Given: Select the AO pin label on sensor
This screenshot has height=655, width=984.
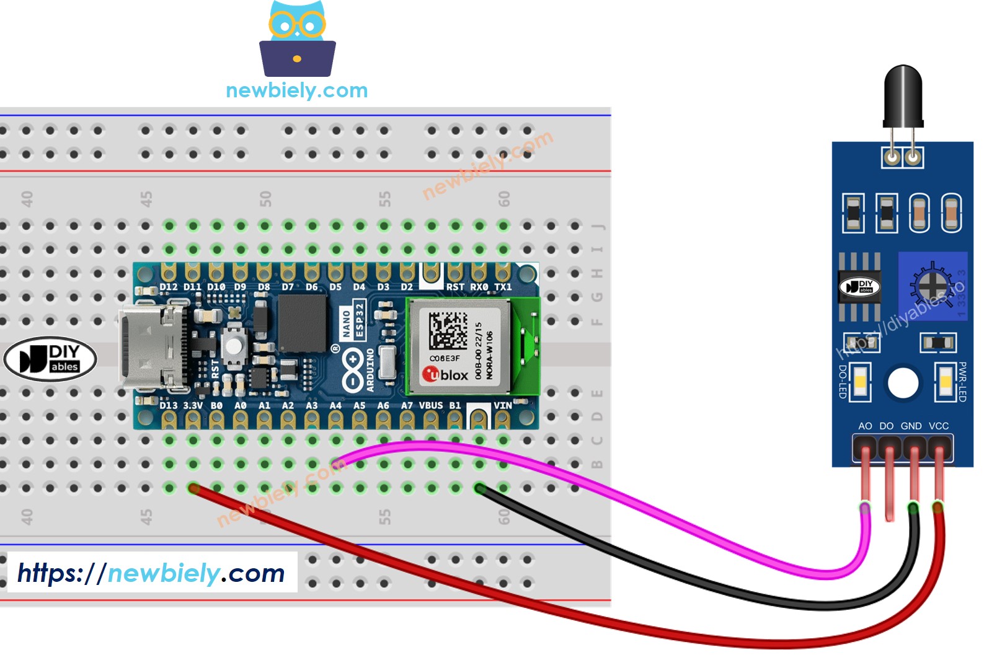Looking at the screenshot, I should point(865,426).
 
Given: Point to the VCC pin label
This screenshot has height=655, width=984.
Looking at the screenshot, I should point(938,426).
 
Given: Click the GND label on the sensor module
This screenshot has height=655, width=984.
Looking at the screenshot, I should point(911,426).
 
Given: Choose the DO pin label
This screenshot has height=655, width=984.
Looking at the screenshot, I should point(887,426).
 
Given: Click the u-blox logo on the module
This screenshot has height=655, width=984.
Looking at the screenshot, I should point(445,374).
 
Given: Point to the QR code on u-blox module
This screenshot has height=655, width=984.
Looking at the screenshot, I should point(448,330).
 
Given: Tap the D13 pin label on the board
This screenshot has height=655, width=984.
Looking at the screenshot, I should point(169,405).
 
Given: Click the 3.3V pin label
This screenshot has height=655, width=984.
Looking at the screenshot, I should point(193,405).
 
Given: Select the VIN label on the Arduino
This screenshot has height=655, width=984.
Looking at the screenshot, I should point(503,405).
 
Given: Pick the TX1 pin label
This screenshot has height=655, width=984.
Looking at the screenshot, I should point(503,287).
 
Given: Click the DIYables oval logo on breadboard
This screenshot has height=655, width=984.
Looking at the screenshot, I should point(50,359).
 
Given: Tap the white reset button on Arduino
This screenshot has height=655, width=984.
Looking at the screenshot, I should point(234,345).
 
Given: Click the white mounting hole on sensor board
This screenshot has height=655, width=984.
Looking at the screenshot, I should point(903,382).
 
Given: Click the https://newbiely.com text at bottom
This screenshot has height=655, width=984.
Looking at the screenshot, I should point(151,573).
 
